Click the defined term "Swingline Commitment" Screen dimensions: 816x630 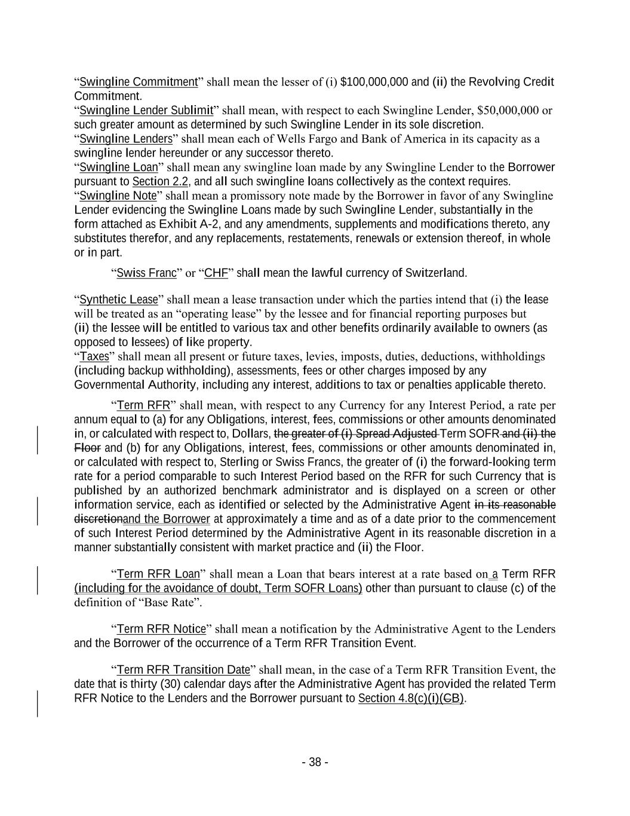click(x=138, y=82)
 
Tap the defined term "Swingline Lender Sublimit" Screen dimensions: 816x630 click(x=146, y=111)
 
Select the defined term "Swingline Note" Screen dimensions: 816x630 click(x=118, y=196)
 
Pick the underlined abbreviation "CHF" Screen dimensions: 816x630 click(x=216, y=273)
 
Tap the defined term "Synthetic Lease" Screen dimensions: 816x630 click(x=118, y=299)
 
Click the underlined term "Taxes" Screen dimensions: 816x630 click(x=94, y=357)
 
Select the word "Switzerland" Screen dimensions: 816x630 click(x=435, y=273)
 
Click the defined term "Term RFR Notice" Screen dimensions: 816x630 click(x=161, y=629)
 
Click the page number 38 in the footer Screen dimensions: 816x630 click(x=315, y=762)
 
